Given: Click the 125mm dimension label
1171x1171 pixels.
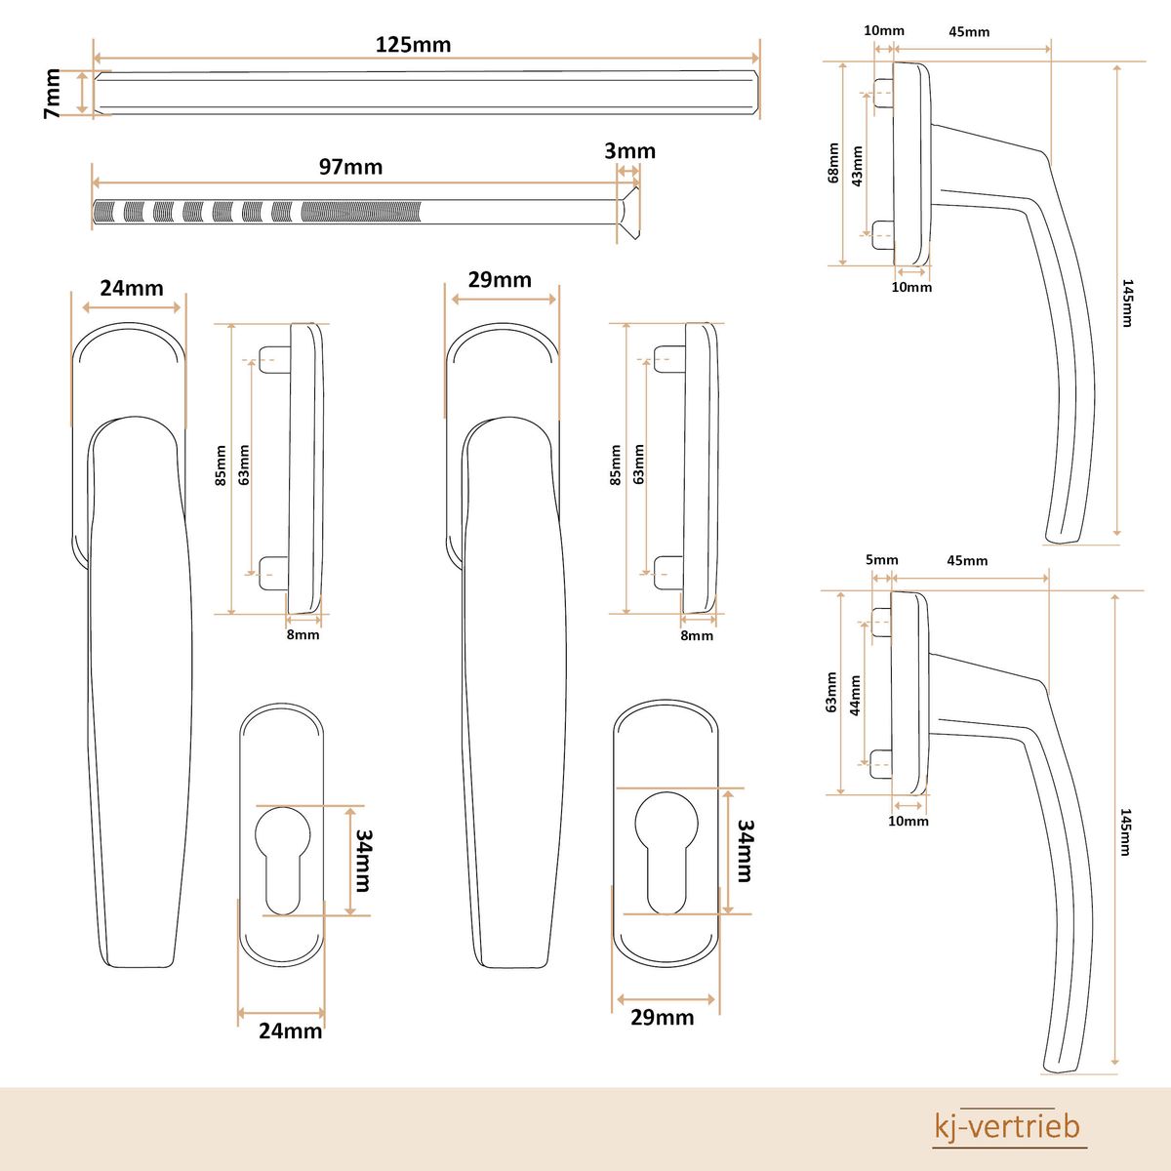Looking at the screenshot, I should point(413,45).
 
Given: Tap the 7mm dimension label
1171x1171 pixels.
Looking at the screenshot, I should point(53,94).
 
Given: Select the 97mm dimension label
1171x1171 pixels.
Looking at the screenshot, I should point(350,167).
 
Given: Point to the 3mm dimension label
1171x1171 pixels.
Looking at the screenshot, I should point(629,151).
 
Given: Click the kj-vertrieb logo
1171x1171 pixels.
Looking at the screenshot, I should point(1008,1126).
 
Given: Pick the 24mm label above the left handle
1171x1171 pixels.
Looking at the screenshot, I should point(132,288).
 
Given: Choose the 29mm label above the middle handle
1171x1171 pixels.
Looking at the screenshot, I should point(500,280).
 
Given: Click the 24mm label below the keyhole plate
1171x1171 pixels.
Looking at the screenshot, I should point(290,1030).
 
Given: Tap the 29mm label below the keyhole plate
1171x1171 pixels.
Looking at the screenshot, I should point(662,1018).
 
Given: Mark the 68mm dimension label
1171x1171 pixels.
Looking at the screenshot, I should point(833,163).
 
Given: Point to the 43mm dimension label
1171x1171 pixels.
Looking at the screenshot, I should point(857,166).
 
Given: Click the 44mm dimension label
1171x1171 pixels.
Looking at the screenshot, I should point(855,696).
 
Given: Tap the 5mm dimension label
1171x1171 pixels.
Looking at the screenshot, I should point(881,560).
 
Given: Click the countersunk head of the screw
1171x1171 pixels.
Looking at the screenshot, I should point(627,211).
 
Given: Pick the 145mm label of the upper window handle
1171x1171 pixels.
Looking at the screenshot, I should point(1126,303).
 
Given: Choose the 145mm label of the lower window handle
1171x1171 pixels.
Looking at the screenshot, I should point(1125,831).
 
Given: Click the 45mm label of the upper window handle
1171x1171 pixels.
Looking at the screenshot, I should point(969,31).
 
